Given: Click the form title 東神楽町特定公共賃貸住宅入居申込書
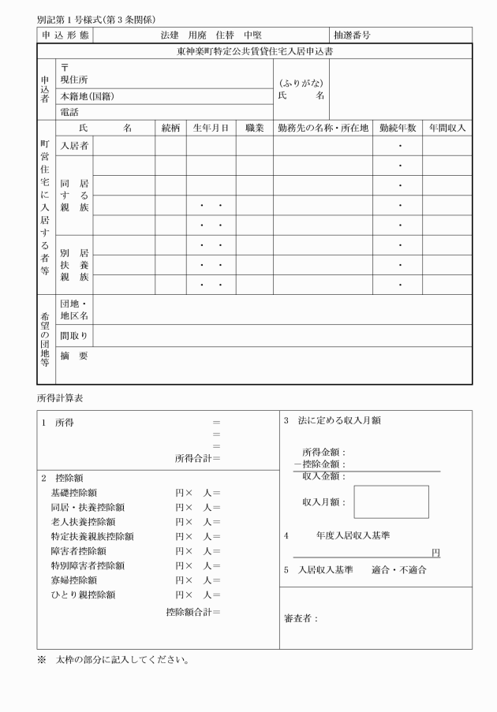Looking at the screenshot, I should coord(254,50).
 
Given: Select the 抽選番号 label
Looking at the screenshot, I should coord(352,35).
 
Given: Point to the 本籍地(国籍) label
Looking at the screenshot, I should coord(88,96).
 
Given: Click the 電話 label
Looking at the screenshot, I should coord(69,112).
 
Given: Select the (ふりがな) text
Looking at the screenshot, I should coord(301,83).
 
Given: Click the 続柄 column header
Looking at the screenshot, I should coord(170,128).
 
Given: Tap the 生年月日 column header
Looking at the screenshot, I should coord(211,128).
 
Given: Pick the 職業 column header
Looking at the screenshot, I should coord(254,128).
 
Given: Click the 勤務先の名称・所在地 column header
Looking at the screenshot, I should coord(323,128).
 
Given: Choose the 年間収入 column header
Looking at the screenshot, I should coord(447,128).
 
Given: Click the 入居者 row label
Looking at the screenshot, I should coord(74,146).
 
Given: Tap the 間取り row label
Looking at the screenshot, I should coord(74,336).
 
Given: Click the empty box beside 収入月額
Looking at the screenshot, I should coord(390,501).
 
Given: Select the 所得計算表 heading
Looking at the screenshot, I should coord(58,397).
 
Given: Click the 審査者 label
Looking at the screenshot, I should coord(301,618).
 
